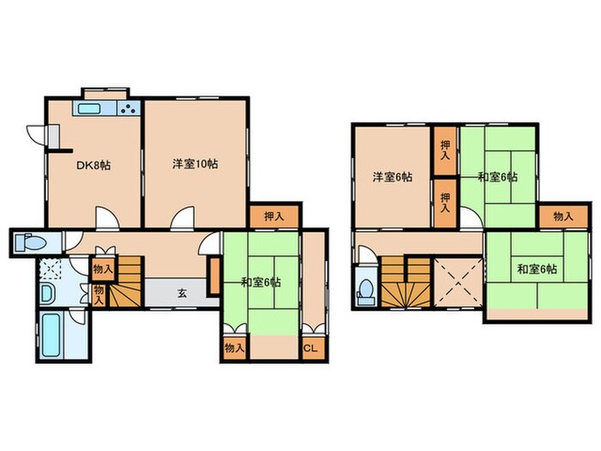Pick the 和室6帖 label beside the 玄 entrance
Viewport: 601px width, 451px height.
point(260,282)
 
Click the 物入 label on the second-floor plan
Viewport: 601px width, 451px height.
point(563,217)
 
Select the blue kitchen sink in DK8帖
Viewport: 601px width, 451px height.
point(90,109)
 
